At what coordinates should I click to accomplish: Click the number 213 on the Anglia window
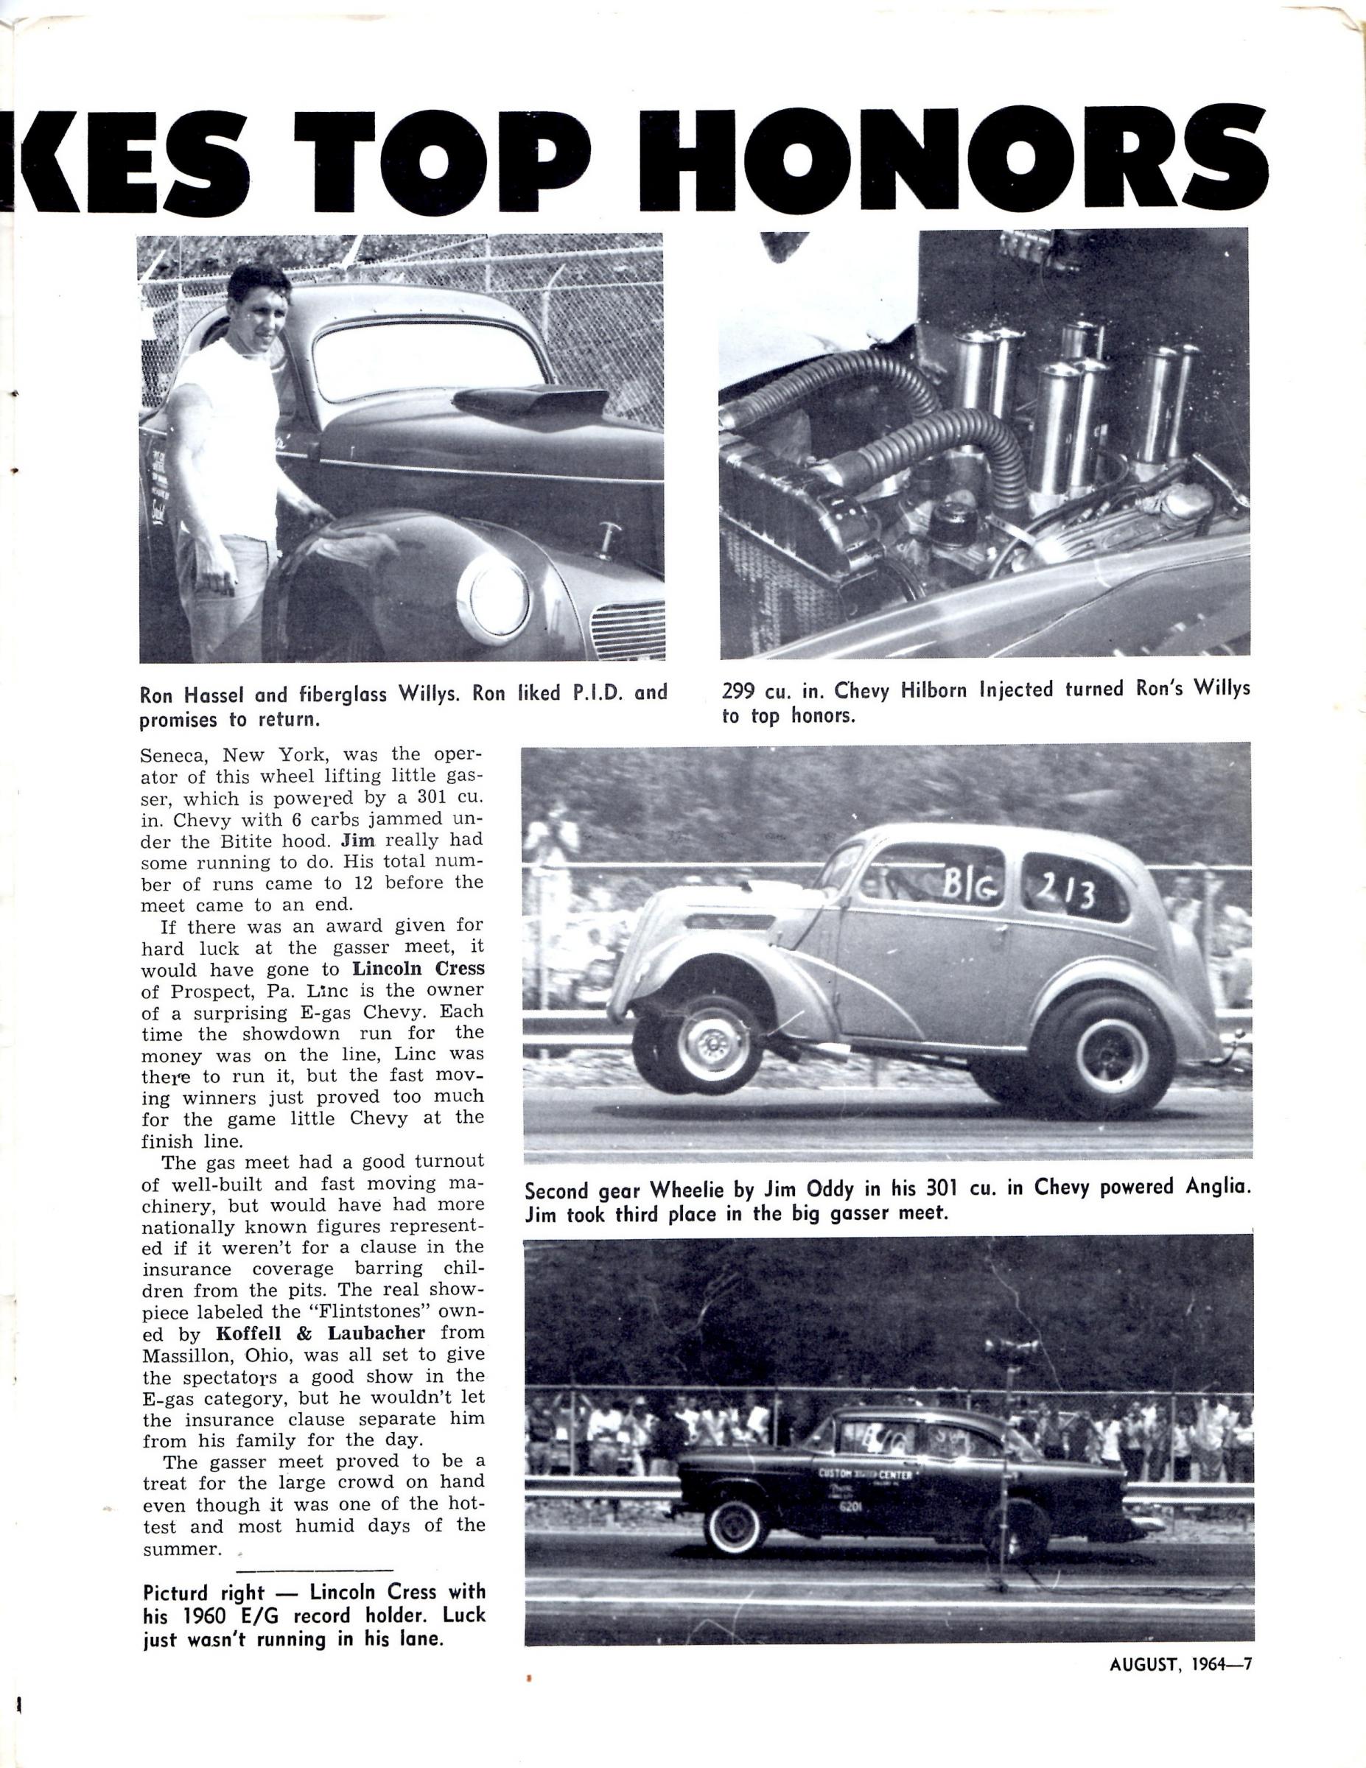click(1067, 893)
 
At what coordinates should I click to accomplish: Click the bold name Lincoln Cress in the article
click(418, 969)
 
